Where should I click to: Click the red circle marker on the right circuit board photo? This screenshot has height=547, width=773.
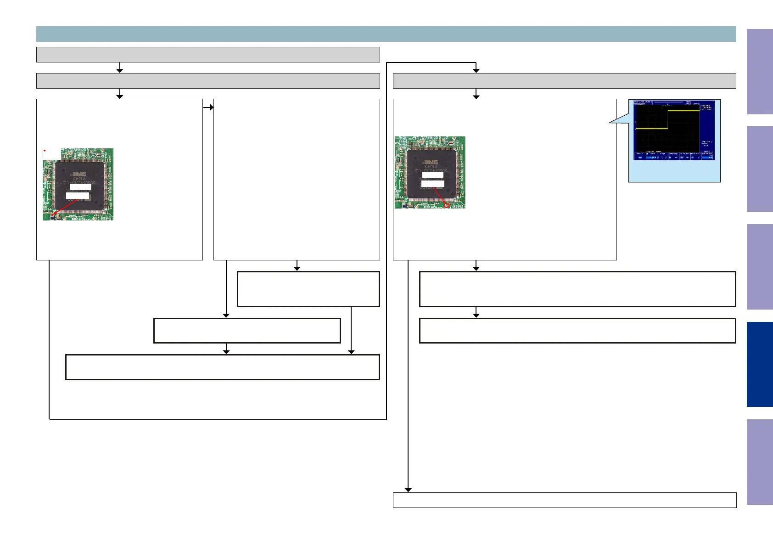coord(446,205)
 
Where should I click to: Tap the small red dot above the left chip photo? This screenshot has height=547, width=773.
coord(45,151)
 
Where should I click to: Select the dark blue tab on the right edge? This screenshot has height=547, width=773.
coord(760,364)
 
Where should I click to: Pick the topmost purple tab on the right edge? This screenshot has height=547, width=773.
coord(760,72)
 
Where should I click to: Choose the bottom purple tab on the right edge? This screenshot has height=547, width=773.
coord(760,462)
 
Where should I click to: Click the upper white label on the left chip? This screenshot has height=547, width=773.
coord(81,187)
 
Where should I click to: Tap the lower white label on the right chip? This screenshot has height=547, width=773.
coord(432,184)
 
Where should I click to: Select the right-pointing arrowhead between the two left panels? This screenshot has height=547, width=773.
coord(211,107)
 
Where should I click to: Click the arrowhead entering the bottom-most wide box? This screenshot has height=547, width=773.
coord(408,490)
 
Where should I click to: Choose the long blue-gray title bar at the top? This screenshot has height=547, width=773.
coord(386,34)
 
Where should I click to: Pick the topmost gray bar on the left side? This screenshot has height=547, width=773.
coord(208,54)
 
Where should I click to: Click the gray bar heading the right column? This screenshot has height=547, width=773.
coord(564,81)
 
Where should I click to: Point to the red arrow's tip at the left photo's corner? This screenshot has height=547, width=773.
coord(52,215)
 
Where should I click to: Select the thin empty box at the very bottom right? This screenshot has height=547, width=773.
coord(564,500)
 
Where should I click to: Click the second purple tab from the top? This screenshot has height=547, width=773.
coord(760,169)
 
